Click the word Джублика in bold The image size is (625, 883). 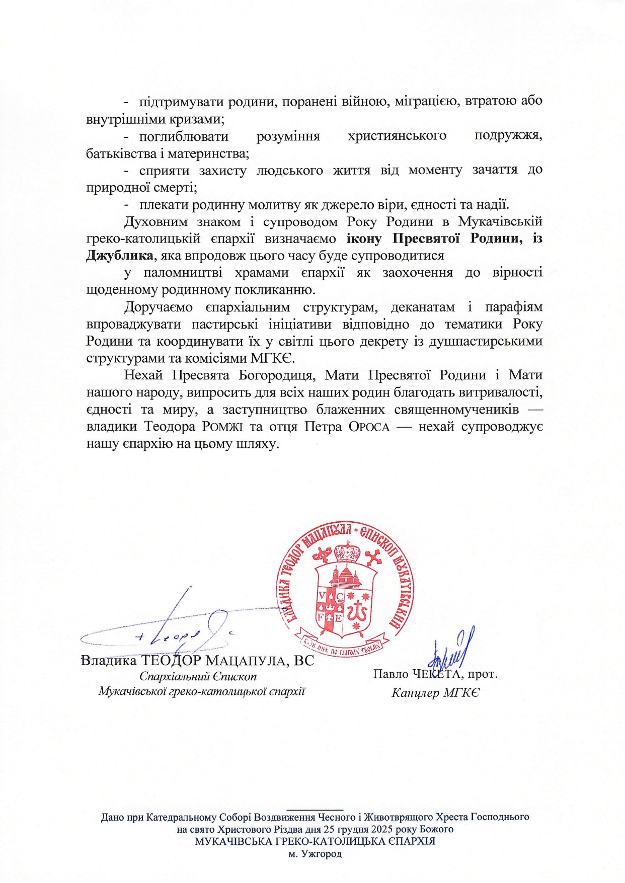pyautogui.click(x=119, y=256)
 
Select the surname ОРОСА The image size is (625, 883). pyautogui.click(x=369, y=427)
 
